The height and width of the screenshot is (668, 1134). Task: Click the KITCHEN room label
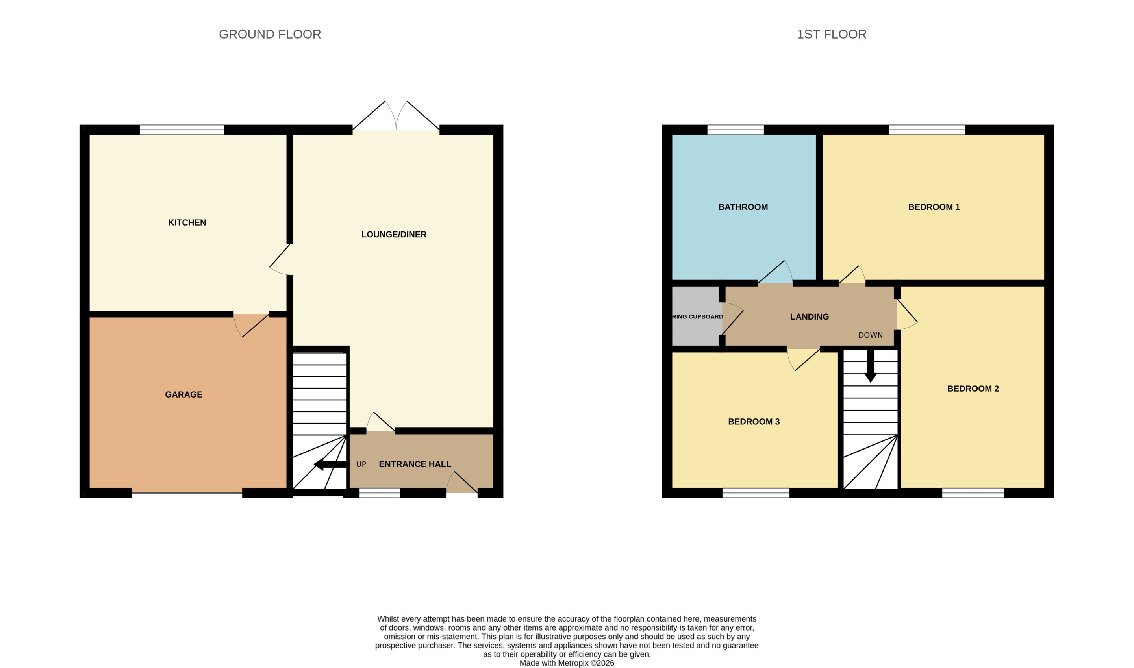point(187,222)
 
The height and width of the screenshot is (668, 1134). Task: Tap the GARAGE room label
point(183,394)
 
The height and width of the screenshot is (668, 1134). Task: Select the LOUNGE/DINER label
point(394,234)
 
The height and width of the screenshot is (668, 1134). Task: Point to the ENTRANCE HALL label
point(415,464)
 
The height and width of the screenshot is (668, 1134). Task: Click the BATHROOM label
point(743,207)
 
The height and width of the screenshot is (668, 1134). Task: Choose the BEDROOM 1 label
point(934,207)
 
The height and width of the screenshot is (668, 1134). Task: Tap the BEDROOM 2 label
point(973,389)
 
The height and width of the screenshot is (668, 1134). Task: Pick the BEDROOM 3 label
point(754,421)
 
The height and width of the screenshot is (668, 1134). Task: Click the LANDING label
point(810,316)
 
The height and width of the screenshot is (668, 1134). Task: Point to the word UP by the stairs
point(361,464)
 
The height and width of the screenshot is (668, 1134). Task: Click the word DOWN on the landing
point(870,335)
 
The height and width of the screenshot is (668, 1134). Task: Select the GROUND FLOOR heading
point(270,34)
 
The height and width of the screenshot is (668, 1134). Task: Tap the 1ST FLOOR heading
point(832,34)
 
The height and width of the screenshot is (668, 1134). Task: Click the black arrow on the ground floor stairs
point(330,464)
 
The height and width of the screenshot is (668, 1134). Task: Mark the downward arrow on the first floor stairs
point(870,366)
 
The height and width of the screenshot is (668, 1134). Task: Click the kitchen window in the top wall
point(182,130)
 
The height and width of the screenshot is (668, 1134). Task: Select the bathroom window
point(736,130)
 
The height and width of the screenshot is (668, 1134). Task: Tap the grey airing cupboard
point(695,316)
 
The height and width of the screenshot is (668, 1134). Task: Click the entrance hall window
point(380,493)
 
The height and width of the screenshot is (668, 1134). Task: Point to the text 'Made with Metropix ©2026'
point(567,663)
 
